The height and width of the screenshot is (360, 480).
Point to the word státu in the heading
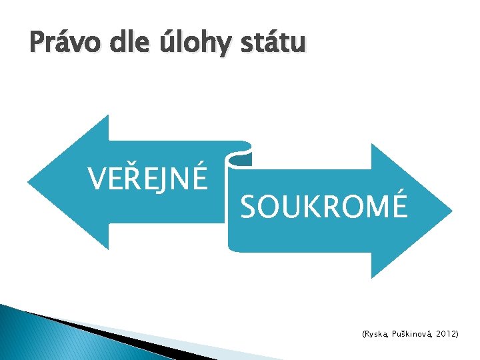(x=273, y=44)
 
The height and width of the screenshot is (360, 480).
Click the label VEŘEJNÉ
(x=147, y=177)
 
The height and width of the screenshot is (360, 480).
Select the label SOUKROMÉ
(x=323, y=207)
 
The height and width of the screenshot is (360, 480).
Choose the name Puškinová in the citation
(x=415, y=332)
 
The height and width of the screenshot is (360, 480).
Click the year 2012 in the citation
(x=447, y=332)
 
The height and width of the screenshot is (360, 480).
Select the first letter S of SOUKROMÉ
(x=248, y=207)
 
